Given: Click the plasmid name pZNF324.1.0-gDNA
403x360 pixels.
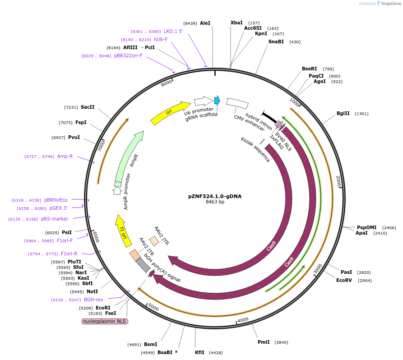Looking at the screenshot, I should tap(215, 196).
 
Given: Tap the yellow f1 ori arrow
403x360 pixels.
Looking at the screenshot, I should tap(123, 231).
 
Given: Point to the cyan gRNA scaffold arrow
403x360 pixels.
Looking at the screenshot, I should tap(217, 100).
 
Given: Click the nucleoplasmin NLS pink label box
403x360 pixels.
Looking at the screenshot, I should tap(105, 321).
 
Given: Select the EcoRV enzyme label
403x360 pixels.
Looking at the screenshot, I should tap(344, 280).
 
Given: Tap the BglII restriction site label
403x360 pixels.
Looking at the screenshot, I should tap(343, 114).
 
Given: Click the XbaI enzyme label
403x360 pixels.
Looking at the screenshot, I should tap(236, 23).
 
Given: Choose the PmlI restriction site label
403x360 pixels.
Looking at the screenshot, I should tap(264, 342).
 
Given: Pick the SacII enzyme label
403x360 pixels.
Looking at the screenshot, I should tap(88, 107).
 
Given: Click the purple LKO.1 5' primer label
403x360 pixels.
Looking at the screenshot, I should tap(173, 31).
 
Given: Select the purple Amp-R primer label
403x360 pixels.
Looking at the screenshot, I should tap(65, 156).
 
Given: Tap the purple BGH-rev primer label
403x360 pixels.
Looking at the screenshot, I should tap(93, 299).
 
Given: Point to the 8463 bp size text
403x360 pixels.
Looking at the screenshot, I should tap(215, 202).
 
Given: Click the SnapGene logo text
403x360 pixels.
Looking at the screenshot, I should tap(391, 3).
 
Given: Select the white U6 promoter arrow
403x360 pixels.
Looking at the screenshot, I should tap(203, 101).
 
